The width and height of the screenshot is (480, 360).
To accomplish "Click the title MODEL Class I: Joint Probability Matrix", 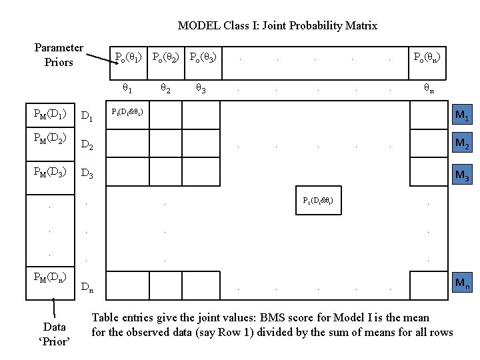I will click(277, 26).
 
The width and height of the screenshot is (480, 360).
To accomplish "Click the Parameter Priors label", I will click(59, 55).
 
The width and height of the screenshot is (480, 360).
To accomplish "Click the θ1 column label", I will click(127, 87).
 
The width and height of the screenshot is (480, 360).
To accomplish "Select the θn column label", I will click(429, 87).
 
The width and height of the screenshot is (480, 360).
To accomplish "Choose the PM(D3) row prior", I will click(50, 173).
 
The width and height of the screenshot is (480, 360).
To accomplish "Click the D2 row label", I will click(87, 145).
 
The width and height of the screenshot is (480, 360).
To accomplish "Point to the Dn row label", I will click(87, 287).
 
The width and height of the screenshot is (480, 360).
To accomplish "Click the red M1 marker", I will click(460, 116).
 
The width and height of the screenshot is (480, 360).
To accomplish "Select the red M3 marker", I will click(460, 176).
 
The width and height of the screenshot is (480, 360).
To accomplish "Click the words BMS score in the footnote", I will click(304, 318).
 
